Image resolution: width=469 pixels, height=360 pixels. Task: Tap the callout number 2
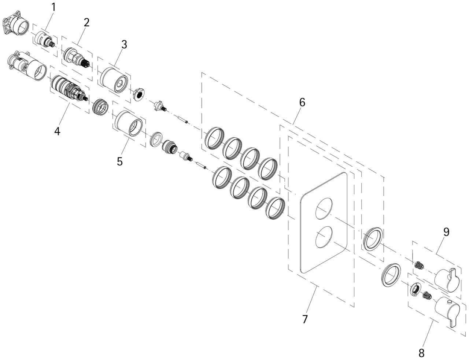tap(86, 22)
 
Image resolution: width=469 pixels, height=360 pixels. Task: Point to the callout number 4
tap(57, 131)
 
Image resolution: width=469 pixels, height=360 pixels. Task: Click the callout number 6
tap(302, 102)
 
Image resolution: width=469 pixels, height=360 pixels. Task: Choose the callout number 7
tap(305, 319)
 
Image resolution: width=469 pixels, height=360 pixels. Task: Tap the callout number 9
tap(446, 232)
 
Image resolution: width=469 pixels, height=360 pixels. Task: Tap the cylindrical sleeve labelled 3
tap(114, 80)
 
